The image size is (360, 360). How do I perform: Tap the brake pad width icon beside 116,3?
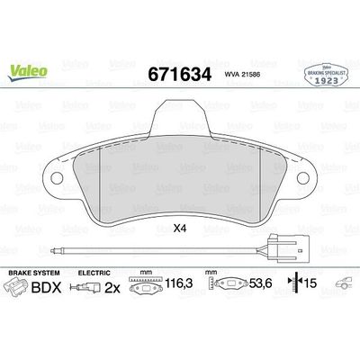(x=145, y=290)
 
